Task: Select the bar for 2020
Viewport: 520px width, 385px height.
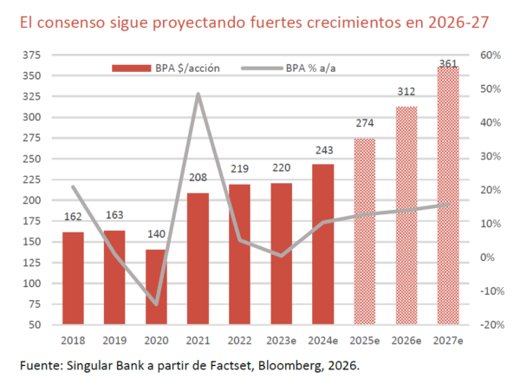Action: pos(157,286)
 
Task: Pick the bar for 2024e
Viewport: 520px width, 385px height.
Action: pos(322,244)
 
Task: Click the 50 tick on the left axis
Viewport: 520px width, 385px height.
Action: pos(34,324)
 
